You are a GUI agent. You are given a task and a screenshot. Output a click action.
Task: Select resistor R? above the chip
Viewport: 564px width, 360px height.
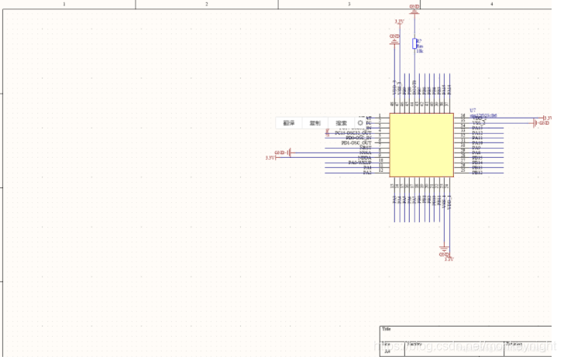414,44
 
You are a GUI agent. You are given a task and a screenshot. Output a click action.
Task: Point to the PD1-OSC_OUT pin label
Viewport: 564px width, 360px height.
356,143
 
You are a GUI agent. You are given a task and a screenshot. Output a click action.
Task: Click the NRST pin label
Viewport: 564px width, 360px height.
365,148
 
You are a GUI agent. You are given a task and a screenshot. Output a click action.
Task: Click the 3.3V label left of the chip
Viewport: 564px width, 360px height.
270,158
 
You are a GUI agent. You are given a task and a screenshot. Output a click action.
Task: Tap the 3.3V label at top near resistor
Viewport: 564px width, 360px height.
398,22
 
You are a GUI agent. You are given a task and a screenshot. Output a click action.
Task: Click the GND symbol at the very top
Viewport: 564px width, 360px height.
414,7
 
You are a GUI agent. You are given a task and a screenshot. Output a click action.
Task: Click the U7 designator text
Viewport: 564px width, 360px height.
473,111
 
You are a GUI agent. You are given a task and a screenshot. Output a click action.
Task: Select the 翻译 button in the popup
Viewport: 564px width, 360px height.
288,122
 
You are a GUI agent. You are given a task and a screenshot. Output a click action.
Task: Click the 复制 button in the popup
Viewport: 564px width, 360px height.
315,122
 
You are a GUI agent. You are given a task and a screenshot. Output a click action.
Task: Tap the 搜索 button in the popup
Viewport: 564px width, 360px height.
341,122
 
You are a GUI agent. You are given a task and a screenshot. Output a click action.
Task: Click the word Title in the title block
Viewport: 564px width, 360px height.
387,329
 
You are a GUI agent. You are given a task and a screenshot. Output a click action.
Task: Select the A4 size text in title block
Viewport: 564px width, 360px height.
387,350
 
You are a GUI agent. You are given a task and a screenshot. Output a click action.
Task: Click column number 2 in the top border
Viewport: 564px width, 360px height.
207,4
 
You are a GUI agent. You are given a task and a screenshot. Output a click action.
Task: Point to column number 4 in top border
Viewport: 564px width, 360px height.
491,4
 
